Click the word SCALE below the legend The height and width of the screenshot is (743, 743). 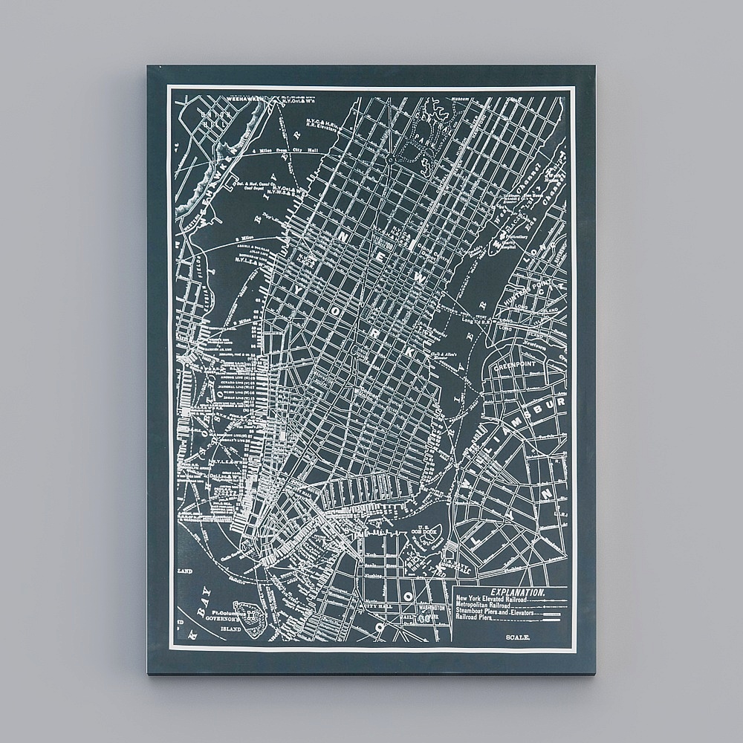coord(517,638)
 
